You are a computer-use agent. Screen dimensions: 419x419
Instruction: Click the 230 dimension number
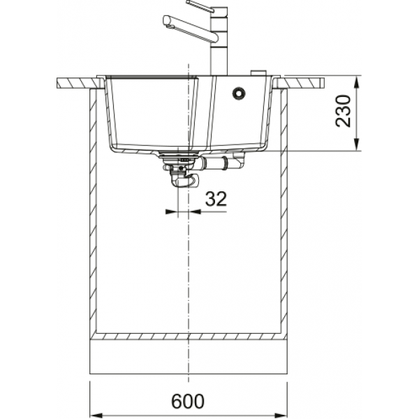click(x=343, y=111)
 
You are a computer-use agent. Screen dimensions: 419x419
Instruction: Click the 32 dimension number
click(x=216, y=199)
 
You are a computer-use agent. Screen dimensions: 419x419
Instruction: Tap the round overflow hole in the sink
click(x=239, y=93)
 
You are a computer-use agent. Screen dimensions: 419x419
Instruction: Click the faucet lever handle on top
click(x=200, y=6)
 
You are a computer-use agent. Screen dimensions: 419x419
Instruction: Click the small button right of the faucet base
click(x=258, y=73)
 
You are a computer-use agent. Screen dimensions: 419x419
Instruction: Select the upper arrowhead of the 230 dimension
click(x=357, y=82)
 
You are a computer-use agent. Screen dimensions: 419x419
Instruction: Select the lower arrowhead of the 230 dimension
click(x=357, y=145)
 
